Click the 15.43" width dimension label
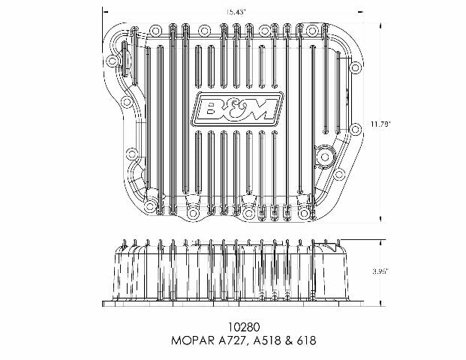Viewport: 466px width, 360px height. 236,12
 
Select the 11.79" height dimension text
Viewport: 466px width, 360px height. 380,124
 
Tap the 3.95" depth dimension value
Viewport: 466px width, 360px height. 380,271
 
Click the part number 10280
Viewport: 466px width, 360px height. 244,327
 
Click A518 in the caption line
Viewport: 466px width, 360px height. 267,340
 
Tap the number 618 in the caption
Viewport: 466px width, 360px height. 306,340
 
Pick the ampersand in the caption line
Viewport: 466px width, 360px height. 288,340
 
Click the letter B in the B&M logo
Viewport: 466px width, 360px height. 212,109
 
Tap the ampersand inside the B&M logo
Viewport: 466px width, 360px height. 234,109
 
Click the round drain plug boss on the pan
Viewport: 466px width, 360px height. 324,157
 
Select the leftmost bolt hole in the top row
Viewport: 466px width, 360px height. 155,31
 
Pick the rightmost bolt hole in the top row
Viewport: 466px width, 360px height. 311,31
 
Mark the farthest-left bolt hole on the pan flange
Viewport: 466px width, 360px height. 112,61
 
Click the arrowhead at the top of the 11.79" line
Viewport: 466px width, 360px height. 380,25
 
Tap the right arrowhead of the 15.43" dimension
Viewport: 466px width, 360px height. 360,12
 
